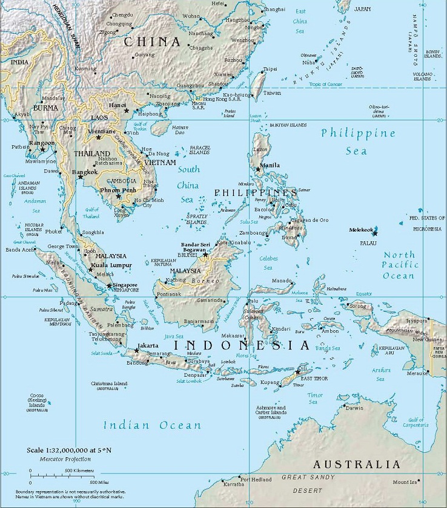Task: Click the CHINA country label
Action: tap(152, 42)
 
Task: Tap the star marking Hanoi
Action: tap(127, 111)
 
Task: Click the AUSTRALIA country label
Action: tap(356, 464)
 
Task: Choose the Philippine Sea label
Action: tap(358, 142)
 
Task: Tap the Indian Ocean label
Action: tap(151, 426)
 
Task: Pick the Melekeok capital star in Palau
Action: tap(376, 233)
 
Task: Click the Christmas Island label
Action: tap(109, 383)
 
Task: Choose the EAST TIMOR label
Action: tap(313, 378)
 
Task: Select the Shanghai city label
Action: tap(274, 10)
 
